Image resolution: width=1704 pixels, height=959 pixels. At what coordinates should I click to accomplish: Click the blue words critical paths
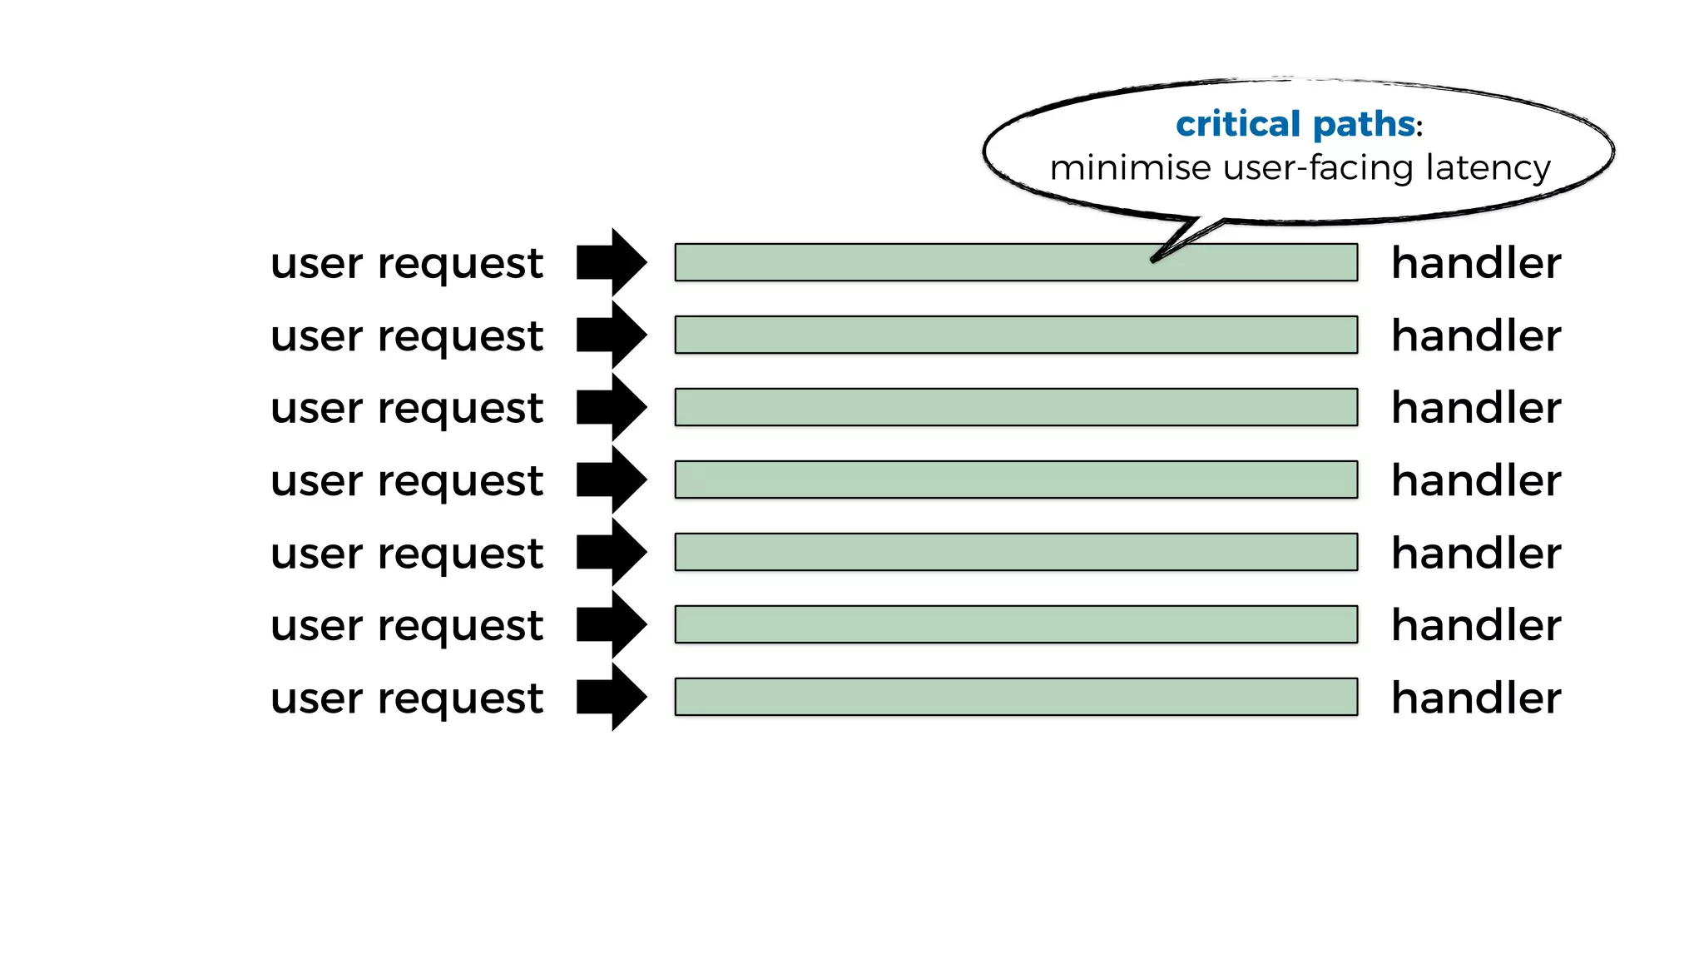point(1295,125)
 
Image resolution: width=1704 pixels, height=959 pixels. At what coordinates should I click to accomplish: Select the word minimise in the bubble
point(1130,168)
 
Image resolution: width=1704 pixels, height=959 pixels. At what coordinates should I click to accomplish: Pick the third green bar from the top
point(1015,407)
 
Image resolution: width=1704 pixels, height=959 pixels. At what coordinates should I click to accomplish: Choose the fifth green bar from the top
point(1015,552)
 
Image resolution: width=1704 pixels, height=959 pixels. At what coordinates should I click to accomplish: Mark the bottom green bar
point(1015,697)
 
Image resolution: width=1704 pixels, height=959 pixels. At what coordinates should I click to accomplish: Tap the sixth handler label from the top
point(1475,625)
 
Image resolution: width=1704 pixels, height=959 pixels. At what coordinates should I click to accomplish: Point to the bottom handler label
point(1475,698)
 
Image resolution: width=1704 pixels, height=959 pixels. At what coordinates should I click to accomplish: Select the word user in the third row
point(316,410)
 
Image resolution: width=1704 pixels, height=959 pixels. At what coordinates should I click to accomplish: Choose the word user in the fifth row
point(316,554)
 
